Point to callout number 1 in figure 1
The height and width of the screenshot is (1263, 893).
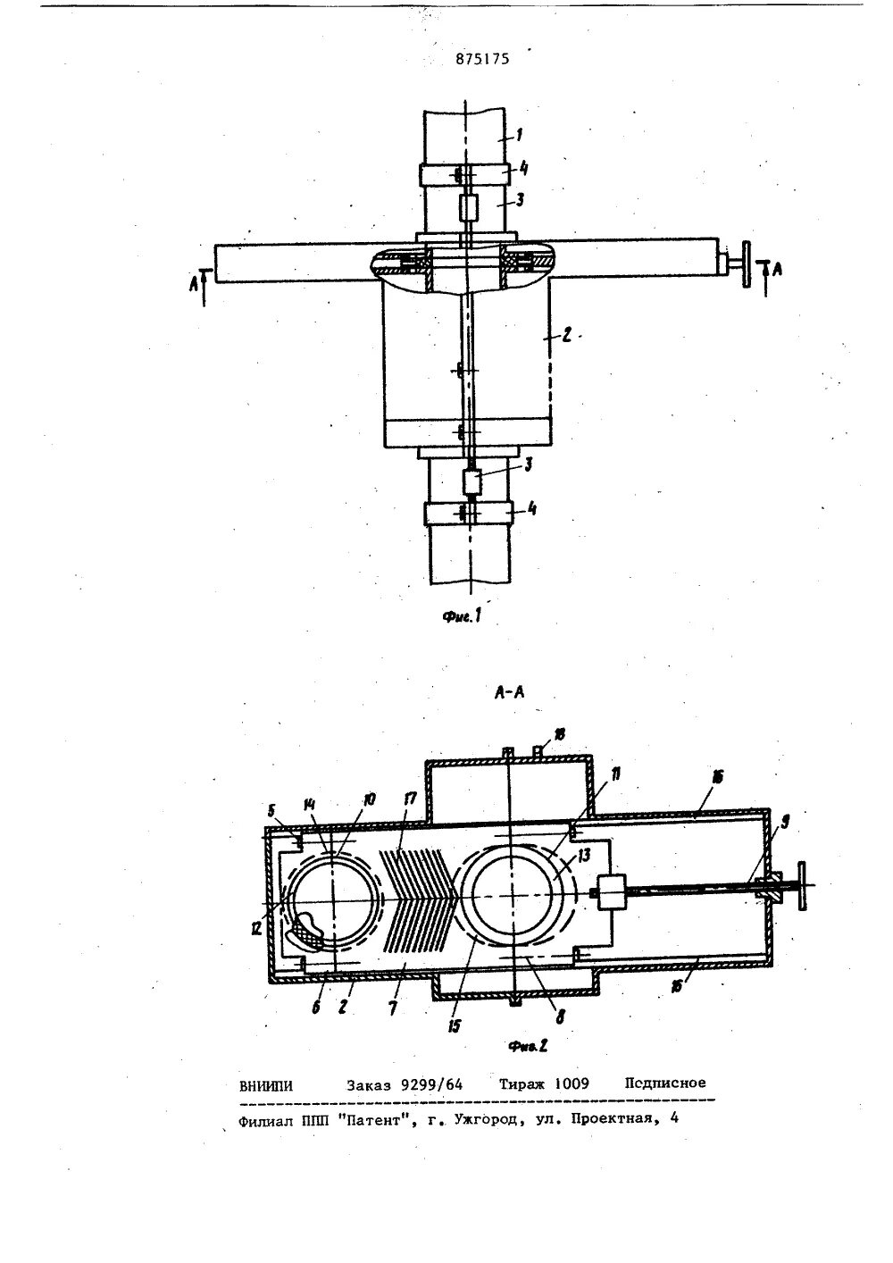(x=519, y=135)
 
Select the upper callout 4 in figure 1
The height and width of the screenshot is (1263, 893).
(x=527, y=166)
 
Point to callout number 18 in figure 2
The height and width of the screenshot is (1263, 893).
(x=558, y=732)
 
